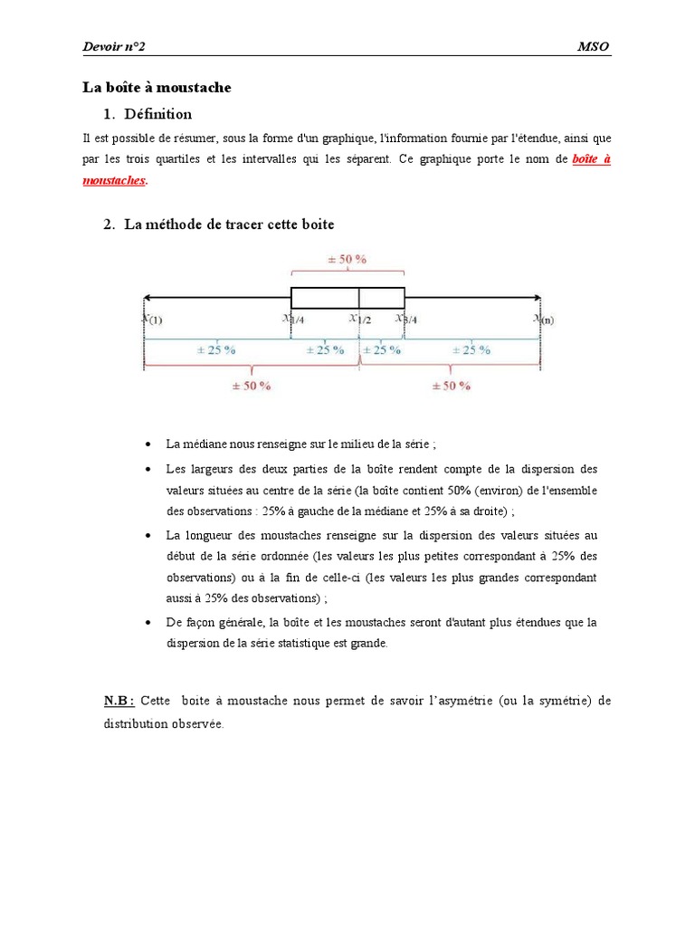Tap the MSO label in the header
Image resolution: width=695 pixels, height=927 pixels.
click(x=593, y=46)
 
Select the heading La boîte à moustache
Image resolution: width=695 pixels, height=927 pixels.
click(x=157, y=88)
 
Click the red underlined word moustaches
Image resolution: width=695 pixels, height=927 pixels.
click(x=113, y=180)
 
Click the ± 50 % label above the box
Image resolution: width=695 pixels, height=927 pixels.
click(x=347, y=259)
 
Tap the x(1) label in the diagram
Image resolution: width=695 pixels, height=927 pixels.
click(x=152, y=319)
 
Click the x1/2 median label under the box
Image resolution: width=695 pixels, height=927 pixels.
click(x=360, y=319)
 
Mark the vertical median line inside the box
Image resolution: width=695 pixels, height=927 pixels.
click(x=359, y=298)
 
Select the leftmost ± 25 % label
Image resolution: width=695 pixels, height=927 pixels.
click(x=217, y=349)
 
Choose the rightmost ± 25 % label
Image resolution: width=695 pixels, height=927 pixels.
click(x=471, y=349)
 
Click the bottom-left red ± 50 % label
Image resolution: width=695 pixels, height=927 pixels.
click(x=251, y=385)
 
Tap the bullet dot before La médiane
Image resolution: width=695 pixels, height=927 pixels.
click(x=148, y=445)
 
